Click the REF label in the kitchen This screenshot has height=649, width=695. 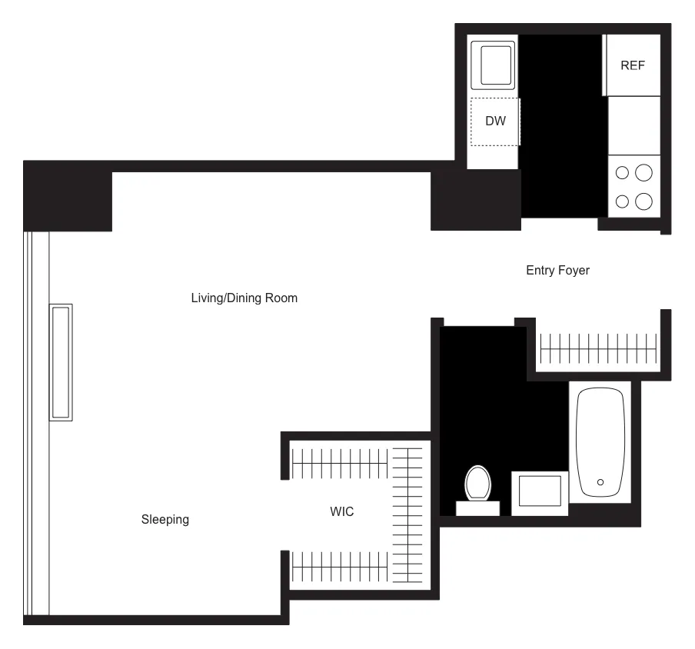[x=633, y=65]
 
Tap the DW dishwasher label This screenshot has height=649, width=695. [x=495, y=121]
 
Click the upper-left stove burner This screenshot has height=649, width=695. [x=624, y=172]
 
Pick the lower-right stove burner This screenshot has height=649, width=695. [x=644, y=201]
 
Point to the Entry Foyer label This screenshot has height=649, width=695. [x=557, y=270]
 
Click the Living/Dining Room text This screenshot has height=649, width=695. [x=244, y=298]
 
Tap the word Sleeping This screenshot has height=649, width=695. [x=165, y=519]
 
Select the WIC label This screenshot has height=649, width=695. [x=342, y=511]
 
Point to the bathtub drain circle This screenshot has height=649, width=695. [x=600, y=482]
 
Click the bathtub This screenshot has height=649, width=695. [x=600, y=442]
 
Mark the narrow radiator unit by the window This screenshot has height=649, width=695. [x=61, y=362]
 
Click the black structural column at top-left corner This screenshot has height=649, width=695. [x=68, y=196]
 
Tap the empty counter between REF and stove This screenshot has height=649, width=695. [x=634, y=125]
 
